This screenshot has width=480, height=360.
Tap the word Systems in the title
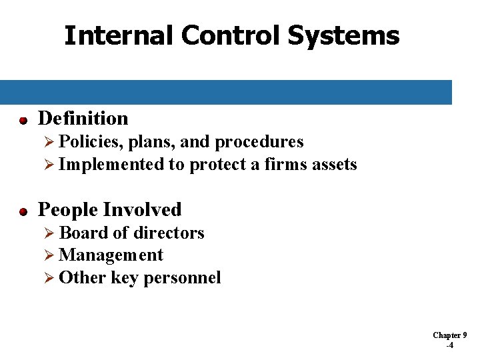[343, 35]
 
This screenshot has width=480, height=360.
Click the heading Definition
[83, 119]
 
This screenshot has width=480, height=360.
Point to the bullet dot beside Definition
[23, 121]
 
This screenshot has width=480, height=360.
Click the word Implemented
[111, 165]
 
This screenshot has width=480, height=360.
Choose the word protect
[217, 165]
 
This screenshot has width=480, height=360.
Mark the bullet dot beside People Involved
[23, 212]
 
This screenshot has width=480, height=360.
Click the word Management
[111, 255]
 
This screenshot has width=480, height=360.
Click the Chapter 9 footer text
[450, 335]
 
